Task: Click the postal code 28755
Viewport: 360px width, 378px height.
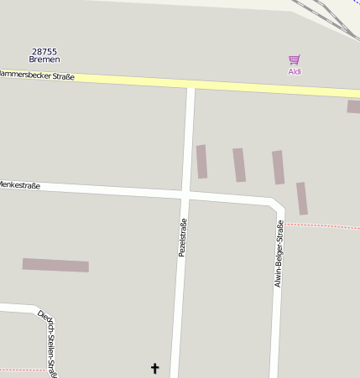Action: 44,51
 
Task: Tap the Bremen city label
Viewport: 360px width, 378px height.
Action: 44,60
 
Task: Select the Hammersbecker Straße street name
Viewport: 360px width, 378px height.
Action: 37,76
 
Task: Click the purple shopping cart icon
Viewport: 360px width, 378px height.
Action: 295,60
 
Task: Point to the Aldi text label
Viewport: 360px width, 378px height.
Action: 295,71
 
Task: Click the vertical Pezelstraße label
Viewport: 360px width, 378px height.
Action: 181,236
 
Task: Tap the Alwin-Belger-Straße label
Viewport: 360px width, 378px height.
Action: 279,254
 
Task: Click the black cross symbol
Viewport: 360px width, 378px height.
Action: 154,368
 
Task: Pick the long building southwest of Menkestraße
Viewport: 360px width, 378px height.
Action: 55,265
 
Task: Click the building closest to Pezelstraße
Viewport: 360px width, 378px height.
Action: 201,162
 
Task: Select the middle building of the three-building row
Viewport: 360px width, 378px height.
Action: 239,165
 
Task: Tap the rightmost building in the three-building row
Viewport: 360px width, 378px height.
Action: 278,168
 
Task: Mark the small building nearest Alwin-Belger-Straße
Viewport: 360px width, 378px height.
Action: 302,199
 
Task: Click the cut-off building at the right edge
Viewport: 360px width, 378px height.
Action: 353,106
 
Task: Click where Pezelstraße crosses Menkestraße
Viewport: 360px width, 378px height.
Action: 185,194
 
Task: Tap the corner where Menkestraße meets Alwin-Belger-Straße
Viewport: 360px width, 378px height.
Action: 278,205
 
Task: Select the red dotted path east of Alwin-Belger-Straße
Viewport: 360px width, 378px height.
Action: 323,226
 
